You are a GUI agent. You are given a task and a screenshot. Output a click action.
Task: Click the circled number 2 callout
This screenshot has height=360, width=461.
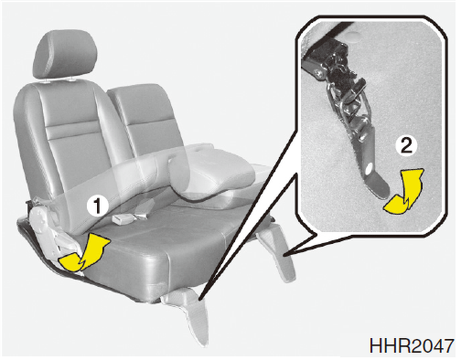(407, 146)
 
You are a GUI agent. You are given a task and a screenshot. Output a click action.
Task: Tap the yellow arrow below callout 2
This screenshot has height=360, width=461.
(406, 191)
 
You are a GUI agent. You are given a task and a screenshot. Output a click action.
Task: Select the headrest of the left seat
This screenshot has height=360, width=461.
(66, 55)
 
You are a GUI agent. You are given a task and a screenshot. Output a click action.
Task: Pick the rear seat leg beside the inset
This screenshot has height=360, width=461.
(276, 250)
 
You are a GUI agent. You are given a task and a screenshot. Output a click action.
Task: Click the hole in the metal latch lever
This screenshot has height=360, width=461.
(369, 169)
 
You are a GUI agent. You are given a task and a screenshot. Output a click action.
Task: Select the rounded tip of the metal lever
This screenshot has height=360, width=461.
(381, 188)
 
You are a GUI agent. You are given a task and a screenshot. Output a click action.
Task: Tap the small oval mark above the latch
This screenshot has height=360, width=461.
(354, 36)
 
